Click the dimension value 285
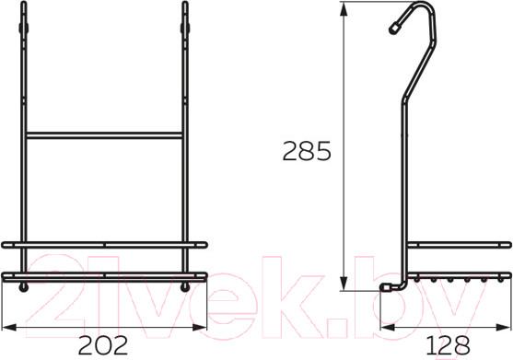307,151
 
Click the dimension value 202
103,345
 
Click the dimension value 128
448,345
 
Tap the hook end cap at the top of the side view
393,29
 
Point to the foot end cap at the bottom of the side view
385,286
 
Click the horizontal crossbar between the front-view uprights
104,135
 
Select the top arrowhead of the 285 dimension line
344,10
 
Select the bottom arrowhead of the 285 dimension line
344,284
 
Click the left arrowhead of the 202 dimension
9,327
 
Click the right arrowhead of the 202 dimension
199,327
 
